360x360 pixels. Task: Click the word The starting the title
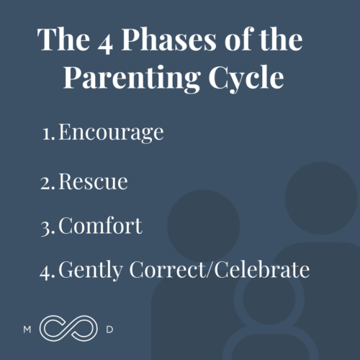click(x=60, y=41)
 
